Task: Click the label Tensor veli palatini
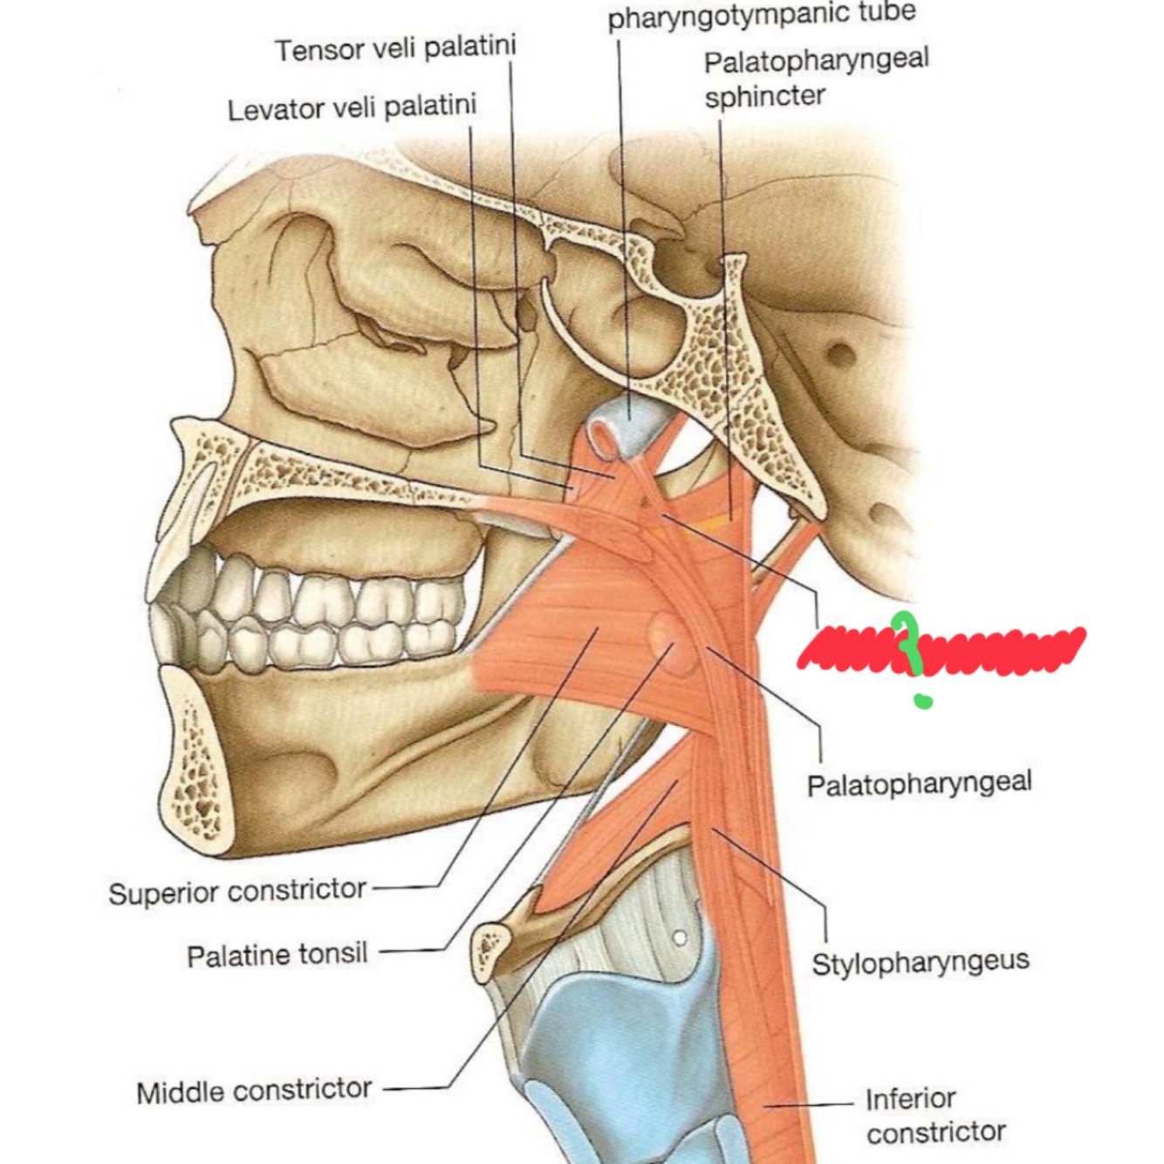395,48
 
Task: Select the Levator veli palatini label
352,108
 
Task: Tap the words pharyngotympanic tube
761,16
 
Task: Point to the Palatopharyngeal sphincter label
815,78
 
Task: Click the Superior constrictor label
237,891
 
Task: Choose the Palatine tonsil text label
277,954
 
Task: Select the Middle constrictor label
254,1091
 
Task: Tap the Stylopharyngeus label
920,962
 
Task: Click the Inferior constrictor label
935,1115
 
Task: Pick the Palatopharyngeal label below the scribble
919,783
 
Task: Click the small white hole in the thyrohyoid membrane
679,938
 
